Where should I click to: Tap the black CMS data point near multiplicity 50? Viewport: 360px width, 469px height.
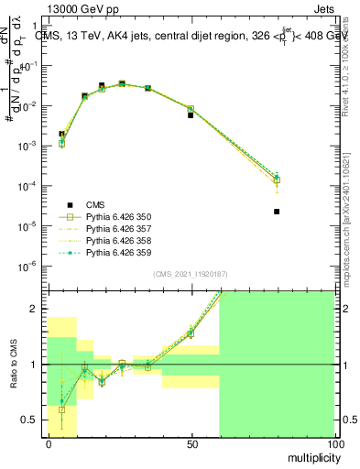pos(191,115)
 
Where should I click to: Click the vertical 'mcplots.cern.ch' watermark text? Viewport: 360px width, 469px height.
pos(352,212)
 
